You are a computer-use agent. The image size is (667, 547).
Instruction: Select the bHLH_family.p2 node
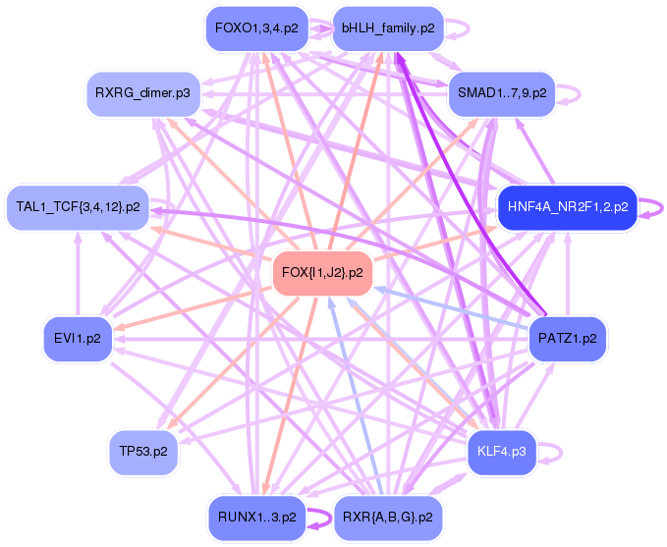click(x=387, y=28)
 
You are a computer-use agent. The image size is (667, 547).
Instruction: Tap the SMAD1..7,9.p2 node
click(x=501, y=94)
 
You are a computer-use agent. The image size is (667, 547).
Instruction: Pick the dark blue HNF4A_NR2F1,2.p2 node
click(x=568, y=207)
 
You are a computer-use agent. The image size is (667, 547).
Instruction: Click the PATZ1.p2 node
click(x=568, y=339)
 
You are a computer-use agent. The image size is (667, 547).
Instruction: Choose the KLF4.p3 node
click(x=501, y=451)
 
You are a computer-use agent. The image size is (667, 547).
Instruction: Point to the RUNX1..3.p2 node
click(x=257, y=517)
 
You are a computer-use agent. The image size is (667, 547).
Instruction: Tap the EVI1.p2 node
click(x=78, y=339)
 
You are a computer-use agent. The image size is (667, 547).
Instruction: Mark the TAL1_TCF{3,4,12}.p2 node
click(x=78, y=207)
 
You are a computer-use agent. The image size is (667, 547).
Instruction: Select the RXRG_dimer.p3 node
click(x=142, y=94)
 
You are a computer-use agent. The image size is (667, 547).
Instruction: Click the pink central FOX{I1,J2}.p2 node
click(x=322, y=272)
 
